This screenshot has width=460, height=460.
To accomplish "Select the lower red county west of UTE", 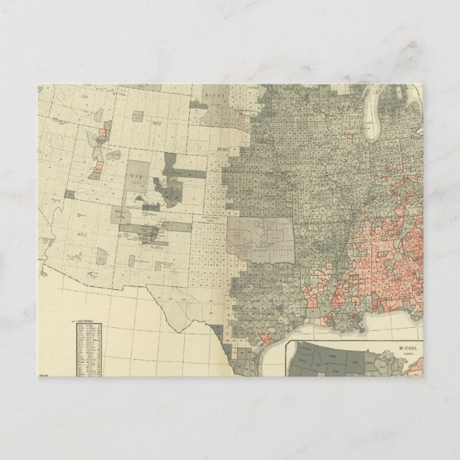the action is pyautogui.click(x=98, y=167).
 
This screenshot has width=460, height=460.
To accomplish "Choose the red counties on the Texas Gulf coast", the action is pyautogui.click(x=265, y=338).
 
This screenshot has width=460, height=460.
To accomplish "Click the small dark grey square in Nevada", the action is pyautogui.click(x=69, y=194).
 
